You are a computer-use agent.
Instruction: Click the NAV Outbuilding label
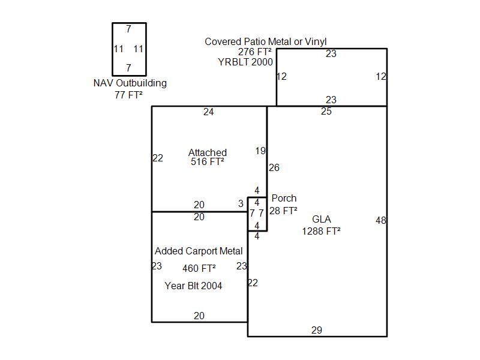130,83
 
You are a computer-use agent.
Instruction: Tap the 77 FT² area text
128,95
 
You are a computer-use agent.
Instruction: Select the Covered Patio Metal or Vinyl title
265,41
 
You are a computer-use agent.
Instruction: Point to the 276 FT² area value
254,52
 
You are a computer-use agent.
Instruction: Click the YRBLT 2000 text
245,62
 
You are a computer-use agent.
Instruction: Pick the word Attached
208,152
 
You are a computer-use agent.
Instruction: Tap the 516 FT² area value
207,161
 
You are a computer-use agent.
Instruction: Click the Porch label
284,198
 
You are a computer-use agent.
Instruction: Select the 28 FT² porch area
283,211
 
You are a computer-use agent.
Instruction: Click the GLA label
322,219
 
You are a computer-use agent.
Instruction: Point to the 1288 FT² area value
321,231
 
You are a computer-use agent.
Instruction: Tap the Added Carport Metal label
199,251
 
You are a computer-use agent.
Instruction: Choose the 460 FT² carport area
199,268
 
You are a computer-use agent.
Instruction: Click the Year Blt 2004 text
193,286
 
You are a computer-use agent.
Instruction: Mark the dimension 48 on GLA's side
381,220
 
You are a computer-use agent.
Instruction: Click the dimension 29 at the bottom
317,330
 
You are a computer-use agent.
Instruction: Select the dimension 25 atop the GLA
326,111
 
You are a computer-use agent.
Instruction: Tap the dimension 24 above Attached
208,112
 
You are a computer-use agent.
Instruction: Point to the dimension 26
274,167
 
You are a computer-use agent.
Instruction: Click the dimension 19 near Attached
260,151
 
